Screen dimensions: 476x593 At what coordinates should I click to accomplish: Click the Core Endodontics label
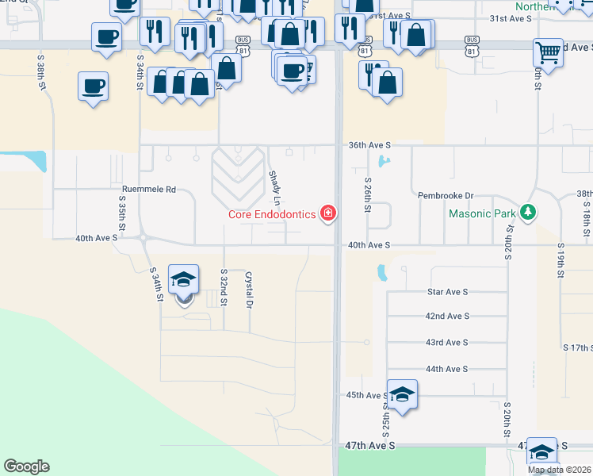click(x=272, y=214)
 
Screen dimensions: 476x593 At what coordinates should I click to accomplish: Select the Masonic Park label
click(x=482, y=213)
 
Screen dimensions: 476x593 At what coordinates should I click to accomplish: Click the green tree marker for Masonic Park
click(x=528, y=213)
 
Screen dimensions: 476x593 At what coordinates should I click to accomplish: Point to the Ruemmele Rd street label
click(x=148, y=190)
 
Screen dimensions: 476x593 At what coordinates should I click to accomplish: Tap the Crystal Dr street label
click(x=249, y=290)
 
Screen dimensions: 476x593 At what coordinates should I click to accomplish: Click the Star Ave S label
click(x=446, y=292)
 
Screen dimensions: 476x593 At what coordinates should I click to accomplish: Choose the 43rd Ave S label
click(x=446, y=343)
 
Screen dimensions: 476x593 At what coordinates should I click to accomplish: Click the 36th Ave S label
click(x=369, y=145)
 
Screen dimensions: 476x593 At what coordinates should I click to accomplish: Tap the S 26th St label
click(x=368, y=195)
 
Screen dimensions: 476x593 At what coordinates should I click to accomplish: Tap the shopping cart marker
click(x=548, y=53)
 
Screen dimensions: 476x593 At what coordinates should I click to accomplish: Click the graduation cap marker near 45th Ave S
click(x=403, y=395)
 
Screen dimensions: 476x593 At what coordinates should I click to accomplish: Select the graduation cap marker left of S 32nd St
click(x=184, y=280)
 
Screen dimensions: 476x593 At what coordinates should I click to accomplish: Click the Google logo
click(x=26, y=467)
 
